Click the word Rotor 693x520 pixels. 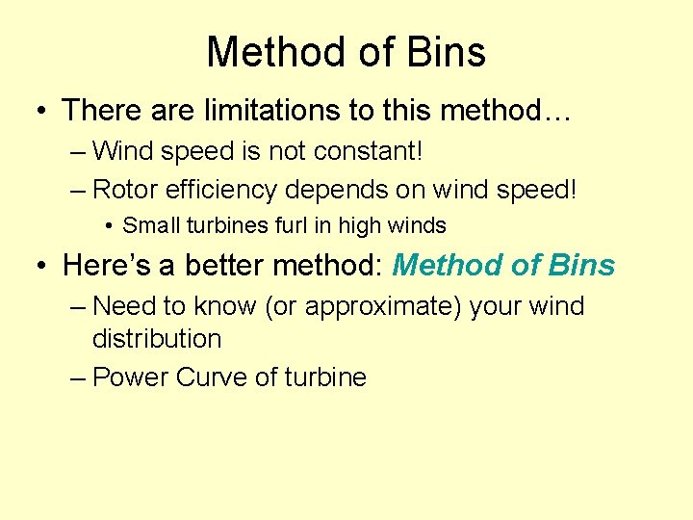(125, 189)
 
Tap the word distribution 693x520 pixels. (157, 339)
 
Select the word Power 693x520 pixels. (131, 377)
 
